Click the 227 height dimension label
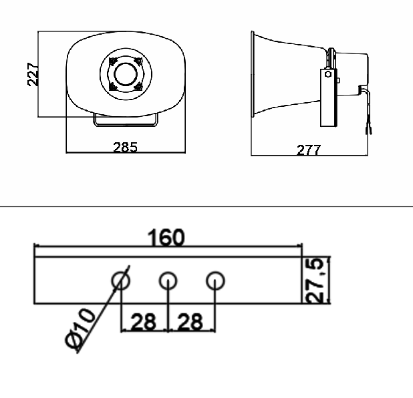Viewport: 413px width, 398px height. pos(33,75)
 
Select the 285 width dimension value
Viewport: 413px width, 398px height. pos(126,148)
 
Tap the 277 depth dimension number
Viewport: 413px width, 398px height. pos(309,150)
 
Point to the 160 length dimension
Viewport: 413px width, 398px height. pos(166,238)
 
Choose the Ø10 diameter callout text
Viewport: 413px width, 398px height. pos(80,329)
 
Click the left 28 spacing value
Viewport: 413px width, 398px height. pos(144,322)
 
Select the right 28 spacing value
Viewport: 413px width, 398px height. pos(190,322)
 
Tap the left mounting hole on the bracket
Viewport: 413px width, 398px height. pos(121,280)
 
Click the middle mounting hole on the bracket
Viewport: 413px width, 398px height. pos(168,280)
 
